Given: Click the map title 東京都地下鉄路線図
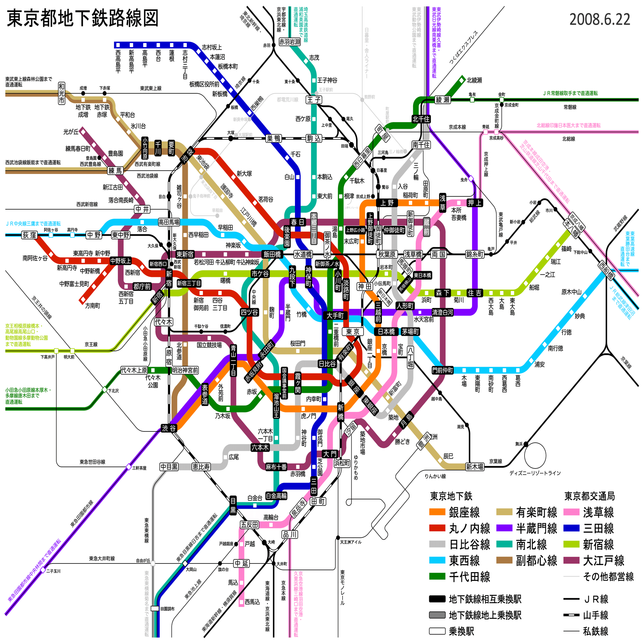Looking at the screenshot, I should [x=82, y=18].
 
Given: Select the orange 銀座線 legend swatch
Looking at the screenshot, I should [x=437, y=512].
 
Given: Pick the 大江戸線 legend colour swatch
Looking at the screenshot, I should [x=571, y=560].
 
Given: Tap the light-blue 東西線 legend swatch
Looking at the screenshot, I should [x=437, y=560].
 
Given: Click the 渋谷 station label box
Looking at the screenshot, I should [x=169, y=428].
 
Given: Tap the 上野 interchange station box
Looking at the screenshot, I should [x=387, y=203].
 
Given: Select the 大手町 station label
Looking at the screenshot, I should [x=335, y=315].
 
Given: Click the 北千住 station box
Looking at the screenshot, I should [x=421, y=119].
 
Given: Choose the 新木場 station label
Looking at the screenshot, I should [x=475, y=467].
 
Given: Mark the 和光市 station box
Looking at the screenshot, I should [x=62, y=93].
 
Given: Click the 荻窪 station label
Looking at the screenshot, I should [x=29, y=235].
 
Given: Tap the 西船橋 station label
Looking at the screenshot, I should [x=606, y=270].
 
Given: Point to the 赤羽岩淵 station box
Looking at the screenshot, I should [x=289, y=42].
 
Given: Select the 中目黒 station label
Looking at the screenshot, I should [x=169, y=467].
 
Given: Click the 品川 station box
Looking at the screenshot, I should [x=290, y=534].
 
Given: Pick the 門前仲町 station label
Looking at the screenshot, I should [x=442, y=370].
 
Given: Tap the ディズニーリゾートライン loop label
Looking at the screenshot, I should [x=535, y=473].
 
